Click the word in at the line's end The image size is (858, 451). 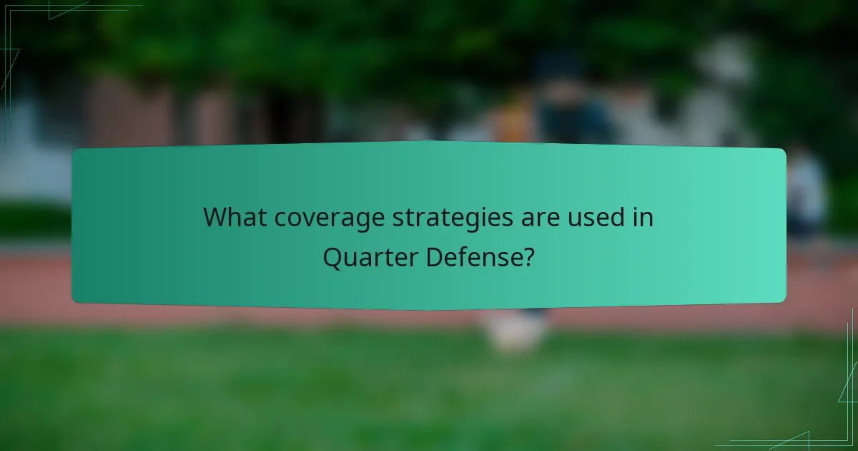[643, 217]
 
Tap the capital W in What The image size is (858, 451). [215, 217]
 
